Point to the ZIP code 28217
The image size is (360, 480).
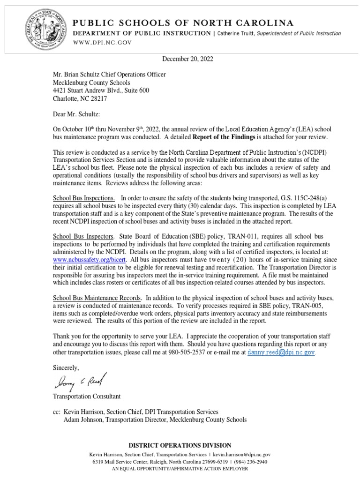(110, 99)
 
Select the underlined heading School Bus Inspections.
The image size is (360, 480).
(84, 198)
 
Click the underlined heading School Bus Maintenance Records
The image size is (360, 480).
(97, 298)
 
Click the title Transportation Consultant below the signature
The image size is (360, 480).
(87, 396)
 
